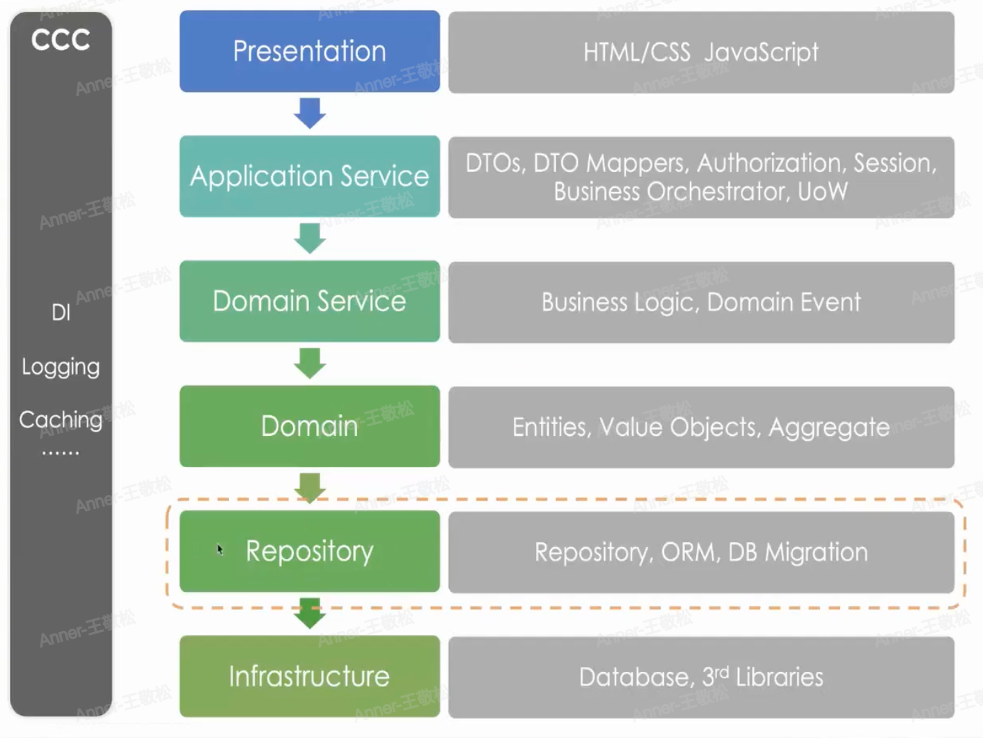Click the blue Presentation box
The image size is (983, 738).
tap(309, 51)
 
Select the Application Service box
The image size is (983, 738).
tap(309, 176)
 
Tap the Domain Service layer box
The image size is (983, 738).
tap(309, 301)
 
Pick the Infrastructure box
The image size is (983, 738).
tap(309, 676)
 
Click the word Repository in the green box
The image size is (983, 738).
tap(309, 551)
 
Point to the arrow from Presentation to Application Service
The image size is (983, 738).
tap(310, 113)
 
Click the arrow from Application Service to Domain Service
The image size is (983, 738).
tap(310, 238)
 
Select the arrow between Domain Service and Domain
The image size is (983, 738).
tap(310, 363)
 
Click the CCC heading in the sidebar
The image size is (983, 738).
tap(61, 40)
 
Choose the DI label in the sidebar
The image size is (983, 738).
tap(61, 313)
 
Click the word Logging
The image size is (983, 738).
tap(61, 367)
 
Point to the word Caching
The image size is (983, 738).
tap(61, 420)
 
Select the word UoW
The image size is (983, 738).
tap(822, 191)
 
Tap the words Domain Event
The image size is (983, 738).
tap(784, 302)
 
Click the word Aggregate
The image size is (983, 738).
tap(828, 427)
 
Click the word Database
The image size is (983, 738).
tap(634, 677)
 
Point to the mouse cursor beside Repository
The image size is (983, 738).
tap(219, 549)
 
